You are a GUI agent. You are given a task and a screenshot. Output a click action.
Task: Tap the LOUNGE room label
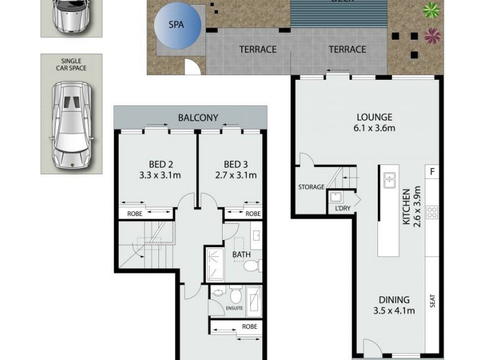[374, 117]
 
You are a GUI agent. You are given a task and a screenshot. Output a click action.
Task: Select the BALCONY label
[198, 118]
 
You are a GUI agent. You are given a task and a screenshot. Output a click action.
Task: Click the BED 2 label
[161, 164]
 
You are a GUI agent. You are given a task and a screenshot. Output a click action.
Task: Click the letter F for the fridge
[431, 172]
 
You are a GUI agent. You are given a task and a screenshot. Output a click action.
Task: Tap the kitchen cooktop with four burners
[431, 211]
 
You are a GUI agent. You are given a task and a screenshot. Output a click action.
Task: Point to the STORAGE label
[311, 187]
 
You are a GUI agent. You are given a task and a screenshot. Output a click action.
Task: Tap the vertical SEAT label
[432, 300]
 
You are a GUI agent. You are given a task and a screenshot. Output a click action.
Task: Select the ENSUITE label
[235, 308]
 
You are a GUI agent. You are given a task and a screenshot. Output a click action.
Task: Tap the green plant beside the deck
[430, 10]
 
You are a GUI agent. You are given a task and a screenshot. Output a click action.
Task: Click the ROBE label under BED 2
[134, 213]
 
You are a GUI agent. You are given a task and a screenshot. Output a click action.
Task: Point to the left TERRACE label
[257, 49]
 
